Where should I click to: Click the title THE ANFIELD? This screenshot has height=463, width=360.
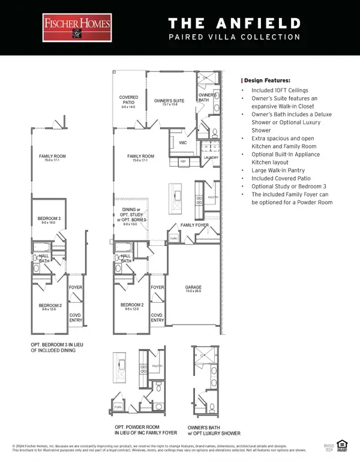234,23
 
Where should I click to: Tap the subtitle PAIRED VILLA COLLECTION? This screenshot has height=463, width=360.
234,37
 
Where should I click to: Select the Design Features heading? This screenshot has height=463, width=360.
266,80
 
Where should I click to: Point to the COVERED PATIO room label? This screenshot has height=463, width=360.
129,100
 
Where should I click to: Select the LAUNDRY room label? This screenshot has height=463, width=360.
211,158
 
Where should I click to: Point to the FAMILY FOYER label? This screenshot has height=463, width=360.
194,226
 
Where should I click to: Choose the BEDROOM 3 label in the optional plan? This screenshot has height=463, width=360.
47,220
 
